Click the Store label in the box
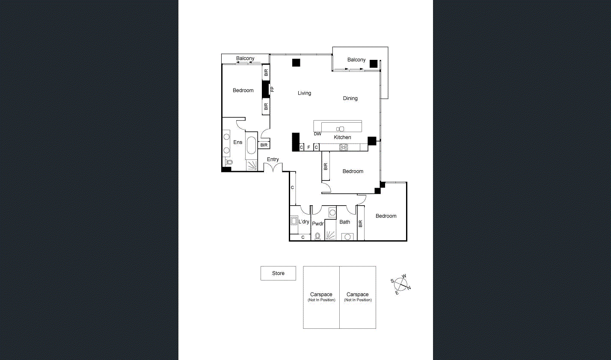278,273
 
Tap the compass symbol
400,283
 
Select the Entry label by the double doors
273,159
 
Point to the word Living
304,93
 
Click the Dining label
350,98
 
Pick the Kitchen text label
342,137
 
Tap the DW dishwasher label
317,134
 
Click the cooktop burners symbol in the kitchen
344,148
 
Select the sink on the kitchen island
340,129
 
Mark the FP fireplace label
272,89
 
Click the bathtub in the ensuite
251,146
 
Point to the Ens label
238,142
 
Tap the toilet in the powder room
317,236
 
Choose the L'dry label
304,222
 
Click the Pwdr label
318,224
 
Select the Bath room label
345,222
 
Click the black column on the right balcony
374,64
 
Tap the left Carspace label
321,295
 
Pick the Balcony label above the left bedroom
245,59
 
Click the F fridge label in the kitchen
308,148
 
